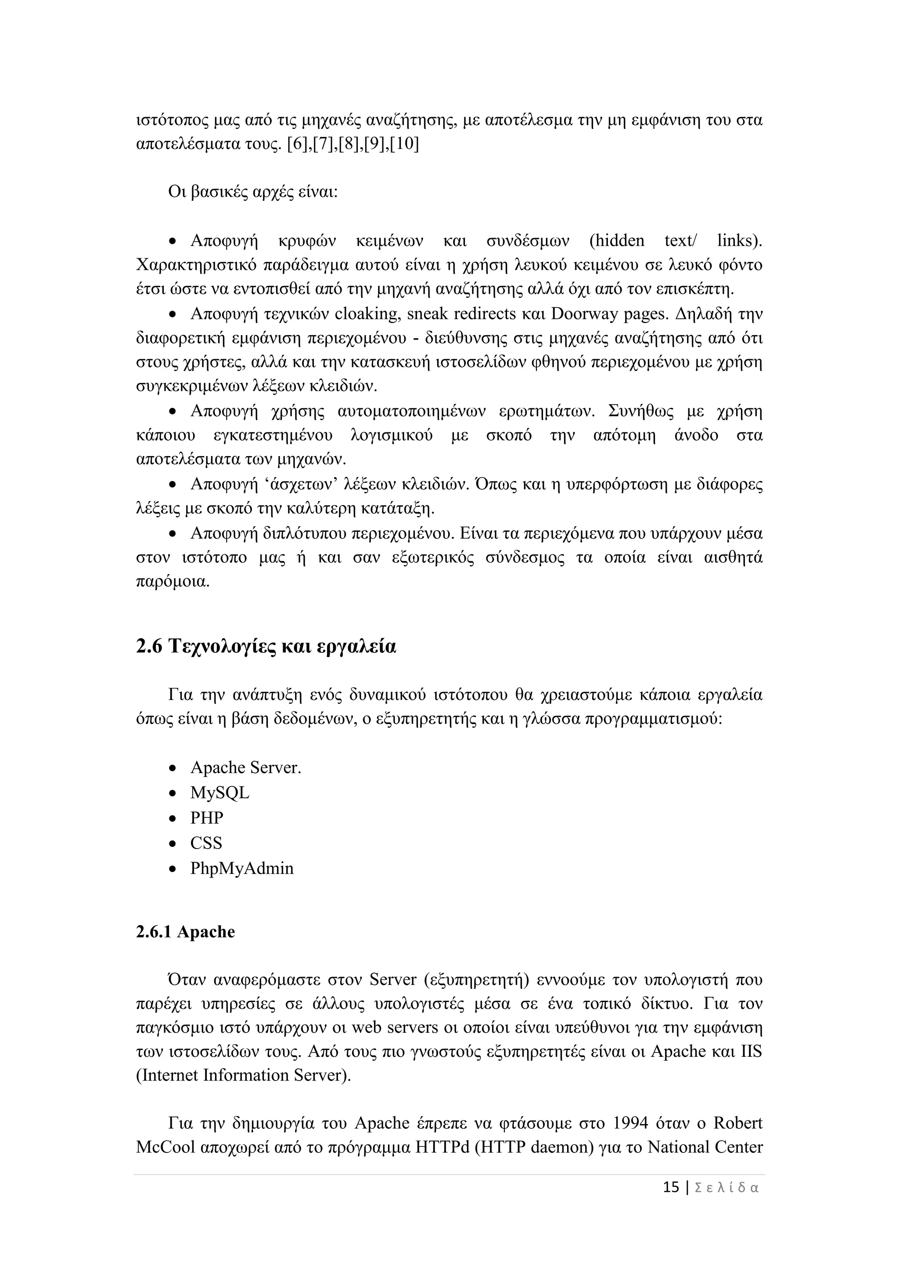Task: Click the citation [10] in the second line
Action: click(x=405, y=144)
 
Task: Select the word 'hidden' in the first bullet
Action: click(x=617, y=241)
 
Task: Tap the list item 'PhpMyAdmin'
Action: click(x=242, y=868)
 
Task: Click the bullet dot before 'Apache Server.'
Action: click(x=173, y=769)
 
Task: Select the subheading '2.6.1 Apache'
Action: click(x=185, y=932)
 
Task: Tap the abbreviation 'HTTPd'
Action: click(x=442, y=1147)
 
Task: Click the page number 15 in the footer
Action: click(x=671, y=1188)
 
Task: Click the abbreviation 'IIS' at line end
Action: click(x=751, y=1051)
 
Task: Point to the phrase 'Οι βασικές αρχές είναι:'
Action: click(x=253, y=193)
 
